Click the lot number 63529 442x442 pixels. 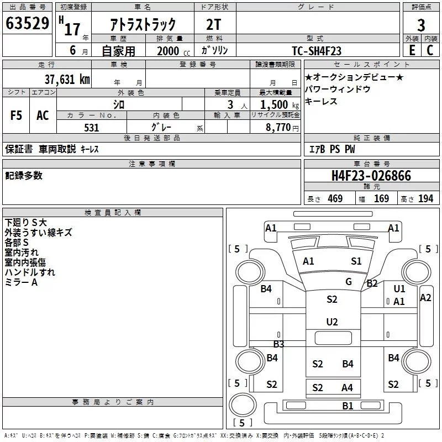click(27, 23)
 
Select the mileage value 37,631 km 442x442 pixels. click(67, 80)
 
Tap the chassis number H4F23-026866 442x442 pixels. click(371, 176)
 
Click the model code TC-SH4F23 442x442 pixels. click(317, 51)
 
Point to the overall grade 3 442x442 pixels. click(421, 25)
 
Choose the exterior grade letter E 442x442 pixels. click(412, 50)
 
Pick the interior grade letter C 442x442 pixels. click(430, 50)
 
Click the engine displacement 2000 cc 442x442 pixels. click(173, 51)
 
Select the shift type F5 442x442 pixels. click(16, 115)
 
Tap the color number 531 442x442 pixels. click(92, 128)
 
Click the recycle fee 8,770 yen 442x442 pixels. click(282, 128)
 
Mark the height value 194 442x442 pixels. click(425, 199)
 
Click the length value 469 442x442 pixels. click(335, 199)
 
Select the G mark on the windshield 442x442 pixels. click(349, 281)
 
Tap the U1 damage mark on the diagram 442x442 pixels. click(399, 288)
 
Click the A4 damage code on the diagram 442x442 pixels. click(347, 388)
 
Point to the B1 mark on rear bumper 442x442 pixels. click(348, 406)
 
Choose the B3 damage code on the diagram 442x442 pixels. click(278, 344)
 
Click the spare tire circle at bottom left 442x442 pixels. click(243, 404)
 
